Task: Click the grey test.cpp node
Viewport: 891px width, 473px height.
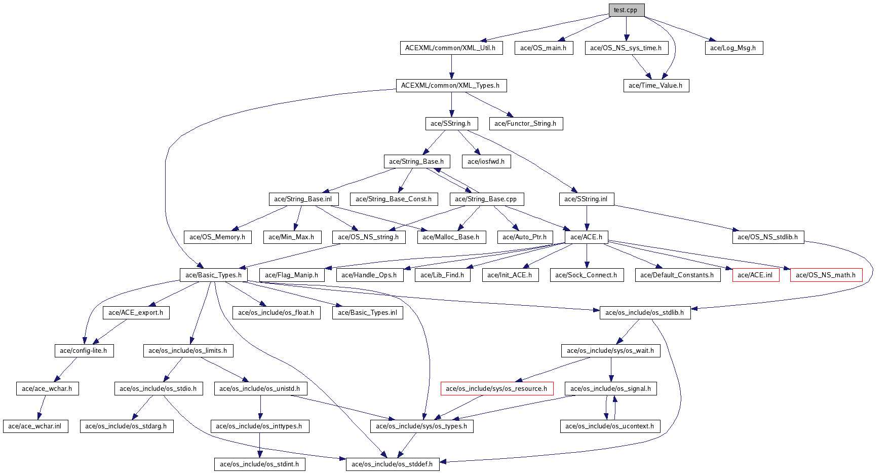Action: tap(626, 10)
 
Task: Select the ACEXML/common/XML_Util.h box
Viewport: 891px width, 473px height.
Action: tap(450, 48)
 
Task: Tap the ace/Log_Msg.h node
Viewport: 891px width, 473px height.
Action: tap(733, 48)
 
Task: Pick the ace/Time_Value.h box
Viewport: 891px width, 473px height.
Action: tap(655, 86)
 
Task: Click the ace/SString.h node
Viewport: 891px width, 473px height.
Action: tap(451, 124)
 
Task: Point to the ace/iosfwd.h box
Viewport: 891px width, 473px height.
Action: tap(486, 162)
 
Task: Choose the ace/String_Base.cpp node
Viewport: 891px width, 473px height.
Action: tap(486, 199)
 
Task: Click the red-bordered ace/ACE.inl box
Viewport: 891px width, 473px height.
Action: tap(755, 275)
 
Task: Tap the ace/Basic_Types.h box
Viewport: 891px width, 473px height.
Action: tap(213, 275)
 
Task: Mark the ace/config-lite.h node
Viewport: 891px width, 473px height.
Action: tap(84, 351)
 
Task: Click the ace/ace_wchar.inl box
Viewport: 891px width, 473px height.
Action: tap(35, 426)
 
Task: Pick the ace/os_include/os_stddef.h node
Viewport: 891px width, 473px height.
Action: tap(392, 464)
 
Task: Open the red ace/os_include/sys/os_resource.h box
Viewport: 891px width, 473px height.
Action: tap(496, 389)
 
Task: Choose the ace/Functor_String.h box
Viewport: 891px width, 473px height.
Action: tap(525, 124)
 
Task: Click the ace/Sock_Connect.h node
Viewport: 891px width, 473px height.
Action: tap(586, 275)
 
